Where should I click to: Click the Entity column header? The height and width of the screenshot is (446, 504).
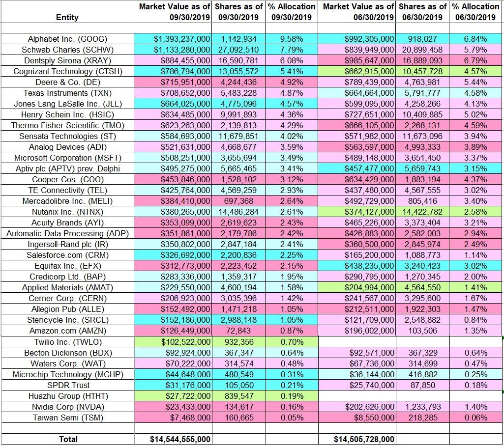pyautogui.click(x=67, y=17)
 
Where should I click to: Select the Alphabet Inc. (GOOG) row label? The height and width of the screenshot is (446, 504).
pyautogui.click(x=67, y=39)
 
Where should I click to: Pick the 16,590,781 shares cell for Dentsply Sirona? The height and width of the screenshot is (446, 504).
pyautogui.click(x=238, y=60)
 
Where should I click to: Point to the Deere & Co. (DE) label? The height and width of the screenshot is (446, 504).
pyautogui.click(x=67, y=82)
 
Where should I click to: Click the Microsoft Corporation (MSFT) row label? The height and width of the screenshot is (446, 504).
pyautogui.click(x=67, y=158)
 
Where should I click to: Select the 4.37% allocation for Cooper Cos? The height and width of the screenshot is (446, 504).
pyautogui.click(x=475, y=179)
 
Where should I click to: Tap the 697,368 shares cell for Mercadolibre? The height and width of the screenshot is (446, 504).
pyautogui.click(x=238, y=201)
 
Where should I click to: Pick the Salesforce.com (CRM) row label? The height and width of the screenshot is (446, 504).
pyautogui.click(x=67, y=255)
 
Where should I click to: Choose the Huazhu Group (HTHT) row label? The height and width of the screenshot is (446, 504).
pyautogui.click(x=67, y=395)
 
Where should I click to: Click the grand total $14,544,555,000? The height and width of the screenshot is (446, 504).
pyautogui.click(x=180, y=439)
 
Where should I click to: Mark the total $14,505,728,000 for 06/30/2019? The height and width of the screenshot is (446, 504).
pyautogui.click(x=364, y=439)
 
